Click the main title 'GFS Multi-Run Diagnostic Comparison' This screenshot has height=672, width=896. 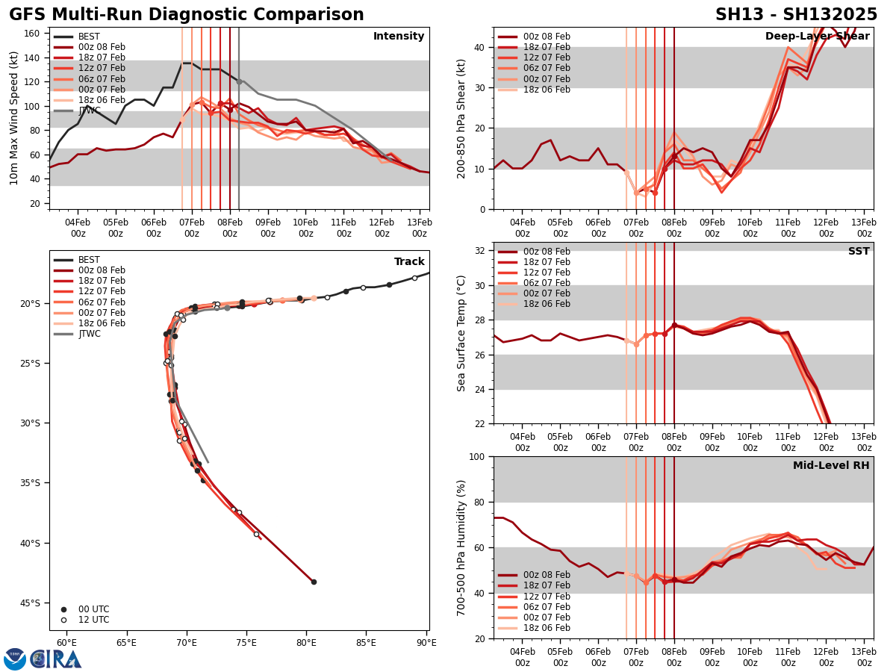[x=187, y=15]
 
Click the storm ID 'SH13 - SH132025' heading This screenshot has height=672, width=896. [x=796, y=15]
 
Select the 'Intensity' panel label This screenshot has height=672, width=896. [x=399, y=37]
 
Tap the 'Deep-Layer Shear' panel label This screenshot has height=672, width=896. [x=817, y=37]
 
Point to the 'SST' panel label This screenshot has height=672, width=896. [x=859, y=252]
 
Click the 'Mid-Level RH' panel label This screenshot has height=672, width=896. [x=831, y=466]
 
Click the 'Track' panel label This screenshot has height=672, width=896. [x=409, y=262]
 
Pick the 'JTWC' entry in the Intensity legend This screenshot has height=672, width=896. [x=90, y=111]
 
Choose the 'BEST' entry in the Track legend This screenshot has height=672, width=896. [x=89, y=260]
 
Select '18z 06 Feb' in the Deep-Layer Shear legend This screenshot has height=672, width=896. [x=547, y=90]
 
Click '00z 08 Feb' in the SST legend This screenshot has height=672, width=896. [x=547, y=252]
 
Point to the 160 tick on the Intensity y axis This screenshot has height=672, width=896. [x=34, y=34]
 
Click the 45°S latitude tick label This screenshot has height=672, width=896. [x=29, y=603]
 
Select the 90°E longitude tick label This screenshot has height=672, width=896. [x=426, y=642]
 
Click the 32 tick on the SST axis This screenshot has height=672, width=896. [x=481, y=251]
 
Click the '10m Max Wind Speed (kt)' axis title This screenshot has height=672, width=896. [x=14, y=118]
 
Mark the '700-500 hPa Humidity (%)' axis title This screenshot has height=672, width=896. [x=462, y=547]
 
